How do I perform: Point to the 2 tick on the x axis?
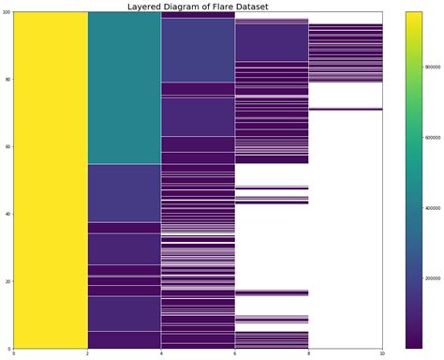click(88, 353)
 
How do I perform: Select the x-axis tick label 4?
click(161, 353)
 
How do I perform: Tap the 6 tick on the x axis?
click(234, 353)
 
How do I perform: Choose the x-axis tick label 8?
click(308, 353)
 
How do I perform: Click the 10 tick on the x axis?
click(381, 353)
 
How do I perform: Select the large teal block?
click(125, 89)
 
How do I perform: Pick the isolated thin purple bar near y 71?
click(345, 109)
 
